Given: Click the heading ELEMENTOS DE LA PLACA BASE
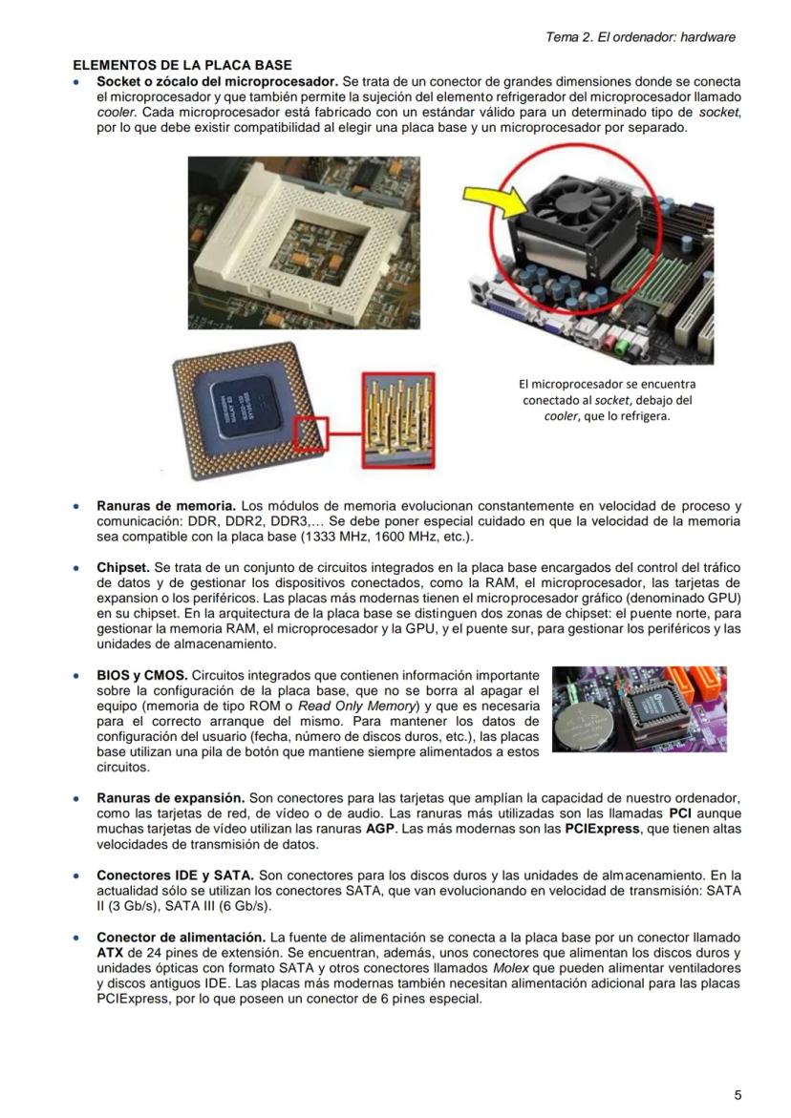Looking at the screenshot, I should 182,66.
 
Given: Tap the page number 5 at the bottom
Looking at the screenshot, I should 738,1095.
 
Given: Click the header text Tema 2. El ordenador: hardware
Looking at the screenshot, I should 640,37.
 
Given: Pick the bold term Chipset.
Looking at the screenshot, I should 122,568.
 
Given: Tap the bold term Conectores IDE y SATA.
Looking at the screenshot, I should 175,875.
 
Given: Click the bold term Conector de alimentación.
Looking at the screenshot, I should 181,939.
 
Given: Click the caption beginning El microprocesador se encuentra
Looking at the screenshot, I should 607,399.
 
